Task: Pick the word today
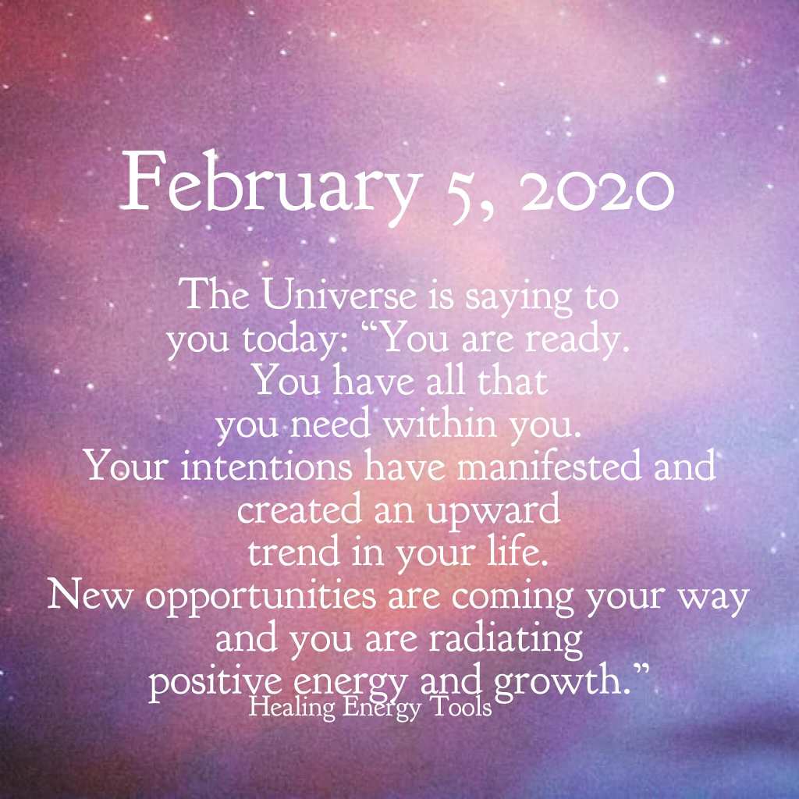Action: (297, 341)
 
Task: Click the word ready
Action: (577, 341)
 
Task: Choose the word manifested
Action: (549, 467)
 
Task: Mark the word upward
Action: (493, 512)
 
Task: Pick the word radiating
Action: (506, 641)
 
